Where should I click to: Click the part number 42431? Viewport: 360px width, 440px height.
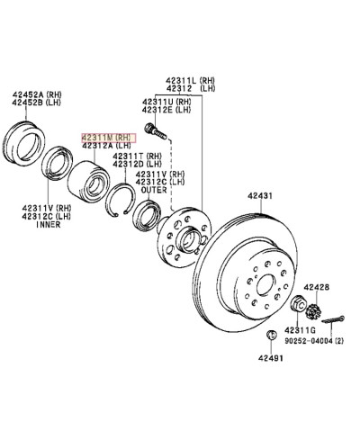click(x=262, y=193)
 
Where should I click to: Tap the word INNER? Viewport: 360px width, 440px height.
click(x=48, y=226)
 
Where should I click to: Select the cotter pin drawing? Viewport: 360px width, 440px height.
click(x=337, y=318)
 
